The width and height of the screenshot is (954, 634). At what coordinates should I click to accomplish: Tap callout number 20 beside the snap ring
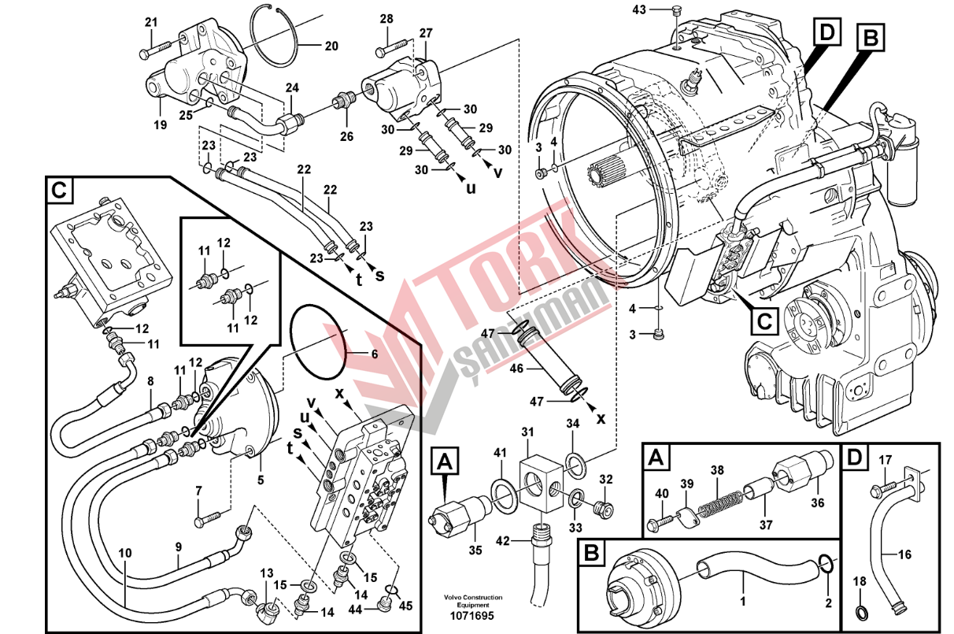pyautogui.click(x=331, y=46)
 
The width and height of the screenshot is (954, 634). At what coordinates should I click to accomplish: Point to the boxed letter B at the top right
pyautogui.click(x=871, y=36)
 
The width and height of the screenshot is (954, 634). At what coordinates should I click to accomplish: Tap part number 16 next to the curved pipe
pyautogui.click(x=905, y=554)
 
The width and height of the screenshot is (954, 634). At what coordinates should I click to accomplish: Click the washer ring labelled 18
pyautogui.click(x=860, y=610)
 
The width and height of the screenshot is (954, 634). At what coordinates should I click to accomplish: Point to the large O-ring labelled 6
pyautogui.click(x=318, y=343)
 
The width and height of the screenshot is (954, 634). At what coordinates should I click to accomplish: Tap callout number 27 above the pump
pyautogui.click(x=425, y=33)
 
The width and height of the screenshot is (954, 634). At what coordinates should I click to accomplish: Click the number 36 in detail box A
pyautogui.click(x=817, y=504)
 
